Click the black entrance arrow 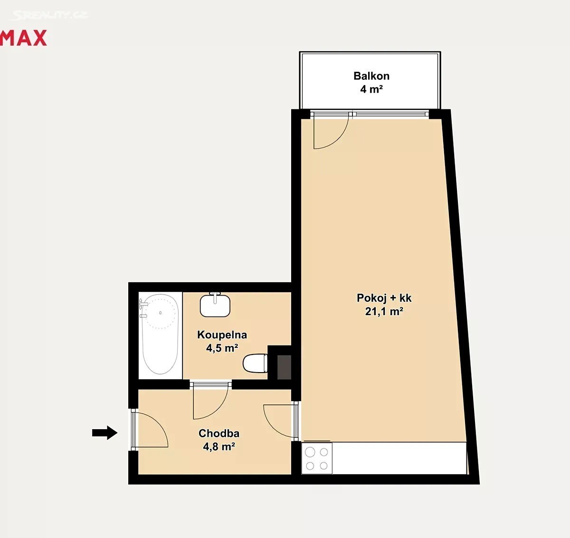(105, 432)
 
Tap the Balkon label (371, 76)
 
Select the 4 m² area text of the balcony (371, 89)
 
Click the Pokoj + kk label (384, 298)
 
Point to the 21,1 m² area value (384, 311)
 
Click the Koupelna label (222, 335)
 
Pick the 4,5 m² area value (222, 348)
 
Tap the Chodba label (218, 433)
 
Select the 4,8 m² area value (218, 447)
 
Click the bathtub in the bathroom (160, 334)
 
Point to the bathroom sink (215, 305)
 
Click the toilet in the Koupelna (255, 364)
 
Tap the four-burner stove (317, 459)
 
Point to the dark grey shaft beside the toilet (284, 367)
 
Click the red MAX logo (23, 38)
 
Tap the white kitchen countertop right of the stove (399, 459)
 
